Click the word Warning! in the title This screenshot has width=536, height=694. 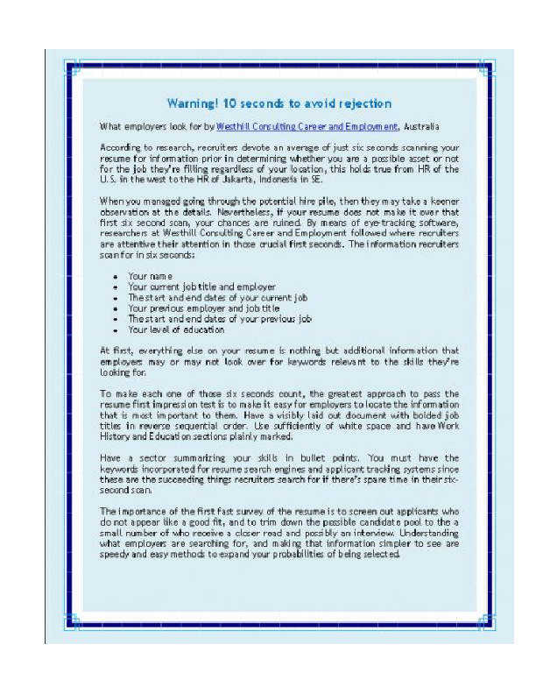(195, 103)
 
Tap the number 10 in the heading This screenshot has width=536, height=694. (233, 103)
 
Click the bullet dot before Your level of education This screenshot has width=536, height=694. (116, 330)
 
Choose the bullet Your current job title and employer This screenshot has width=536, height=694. (202, 287)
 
